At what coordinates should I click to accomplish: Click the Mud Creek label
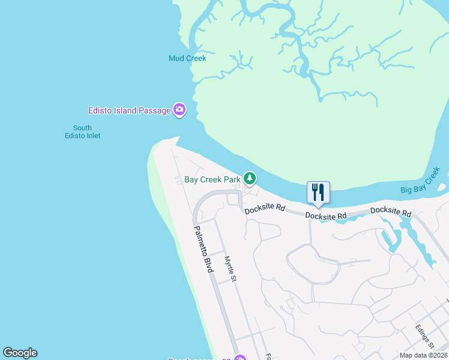tap(187, 59)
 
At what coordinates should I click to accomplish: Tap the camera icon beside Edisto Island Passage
tap(179, 110)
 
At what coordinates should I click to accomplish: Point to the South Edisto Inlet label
tap(82, 132)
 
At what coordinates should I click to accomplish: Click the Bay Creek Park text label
tap(212, 179)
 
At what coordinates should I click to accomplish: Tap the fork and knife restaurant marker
tap(318, 193)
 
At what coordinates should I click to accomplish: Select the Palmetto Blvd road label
tap(203, 250)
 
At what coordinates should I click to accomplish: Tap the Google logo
tap(20, 353)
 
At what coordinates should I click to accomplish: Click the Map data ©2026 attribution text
tap(423, 355)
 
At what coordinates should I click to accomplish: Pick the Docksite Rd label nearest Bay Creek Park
tap(265, 208)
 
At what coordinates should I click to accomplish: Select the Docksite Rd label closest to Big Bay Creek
tap(391, 212)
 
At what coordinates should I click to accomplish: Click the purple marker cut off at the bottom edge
tap(240, 358)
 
